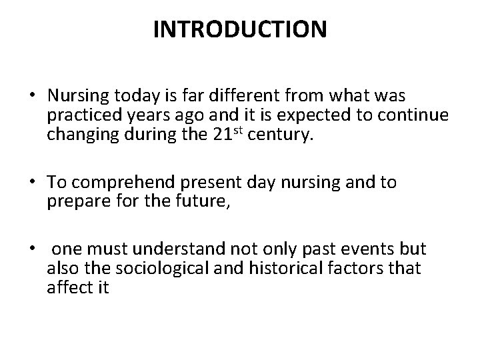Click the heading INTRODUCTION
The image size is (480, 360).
coord(240,30)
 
